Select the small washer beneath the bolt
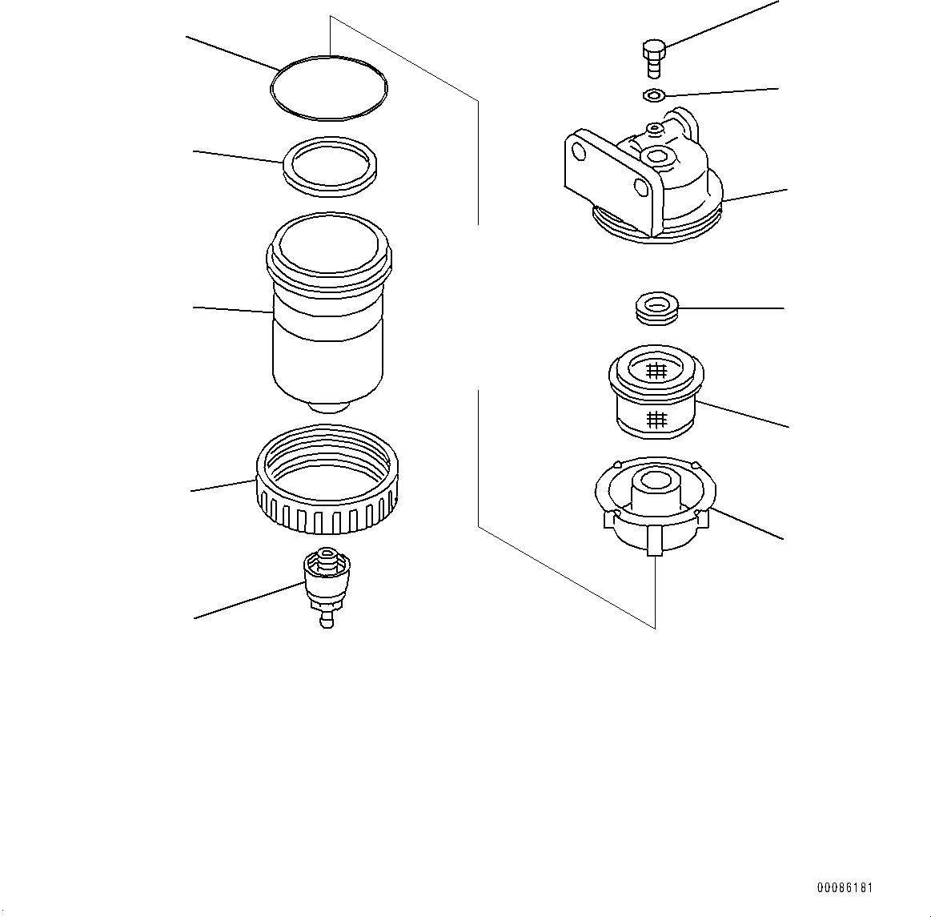click(653, 96)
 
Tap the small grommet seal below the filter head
click(656, 308)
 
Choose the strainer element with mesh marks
click(656, 396)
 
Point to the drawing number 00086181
click(845, 888)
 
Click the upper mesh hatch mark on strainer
click(656, 370)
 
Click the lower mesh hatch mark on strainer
click(656, 418)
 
